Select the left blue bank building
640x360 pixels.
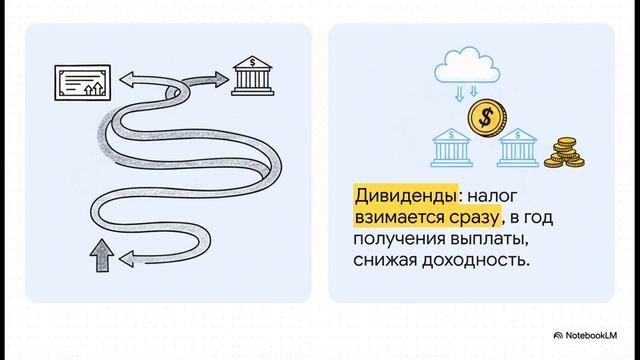pos(450,147)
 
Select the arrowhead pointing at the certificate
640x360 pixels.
pos(125,77)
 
